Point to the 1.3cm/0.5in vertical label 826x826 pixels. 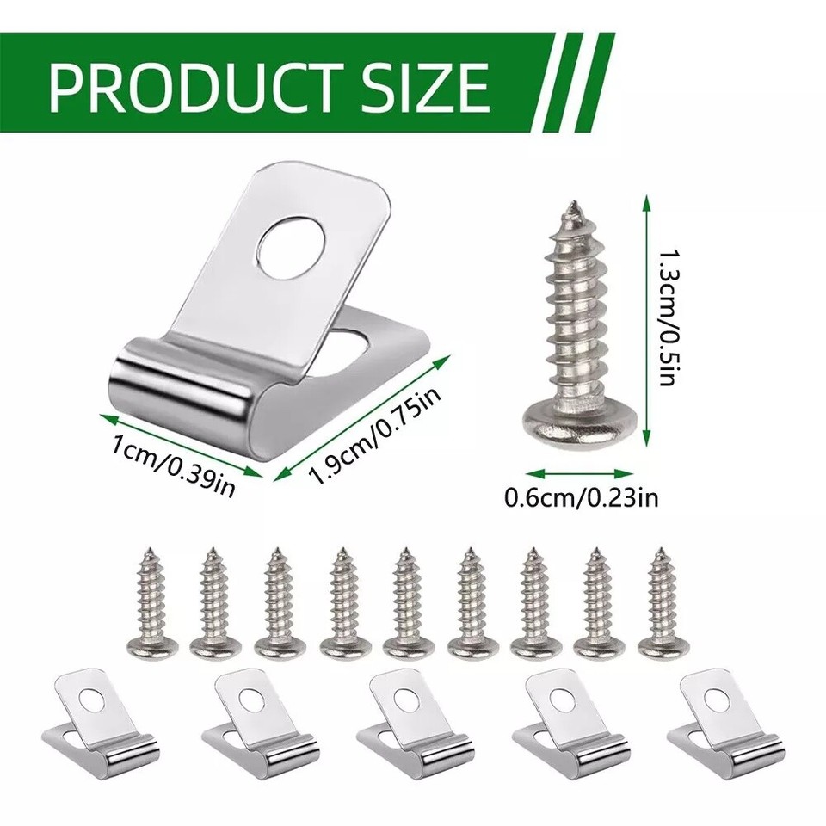666,317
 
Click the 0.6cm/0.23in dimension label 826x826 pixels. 583,496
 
